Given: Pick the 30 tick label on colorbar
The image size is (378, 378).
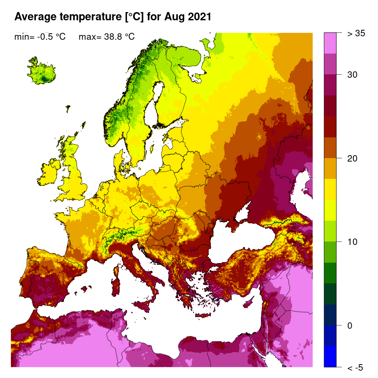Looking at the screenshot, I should pos(353,75).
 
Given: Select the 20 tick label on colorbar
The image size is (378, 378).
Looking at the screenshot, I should pos(353,158).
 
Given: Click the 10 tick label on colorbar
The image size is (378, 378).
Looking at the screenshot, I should pos(353,241).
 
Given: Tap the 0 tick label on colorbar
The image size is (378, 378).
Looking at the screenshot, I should pos(350,325).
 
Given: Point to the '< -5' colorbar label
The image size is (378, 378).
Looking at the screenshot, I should pos(355,368).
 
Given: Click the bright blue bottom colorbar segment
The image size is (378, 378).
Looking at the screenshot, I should pos(330,356).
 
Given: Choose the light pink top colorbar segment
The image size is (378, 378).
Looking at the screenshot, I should pos(330,43).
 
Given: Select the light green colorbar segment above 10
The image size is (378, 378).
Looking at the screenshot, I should pos(330,231).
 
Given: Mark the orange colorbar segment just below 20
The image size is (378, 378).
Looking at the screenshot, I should pos(330,168).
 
